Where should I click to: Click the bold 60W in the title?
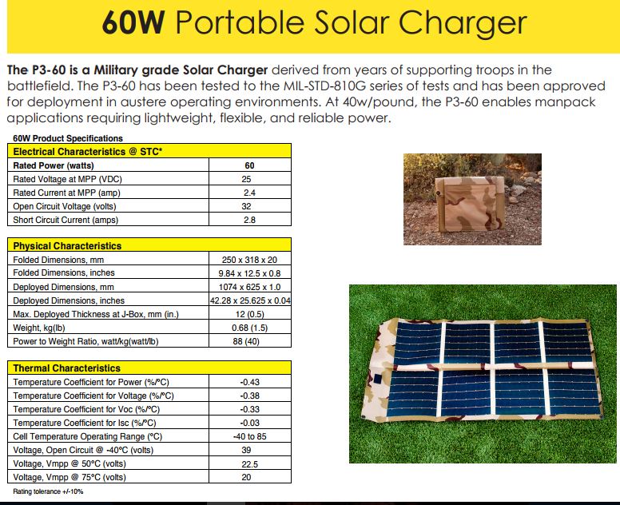click(133, 22)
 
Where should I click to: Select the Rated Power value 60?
click(249, 165)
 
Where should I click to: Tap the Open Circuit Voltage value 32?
click(246, 206)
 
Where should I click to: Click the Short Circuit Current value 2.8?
click(249, 220)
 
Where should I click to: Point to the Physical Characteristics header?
click(67, 246)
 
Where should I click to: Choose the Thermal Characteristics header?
click(66, 368)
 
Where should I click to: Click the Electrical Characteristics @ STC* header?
click(88, 152)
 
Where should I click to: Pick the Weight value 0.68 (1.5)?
click(249, 328)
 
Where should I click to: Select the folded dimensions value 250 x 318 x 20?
click(249, 260)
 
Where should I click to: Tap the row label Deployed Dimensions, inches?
click(69, 301)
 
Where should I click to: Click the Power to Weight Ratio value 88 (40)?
click(246, 341)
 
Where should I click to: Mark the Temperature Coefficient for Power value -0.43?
click(249, 382)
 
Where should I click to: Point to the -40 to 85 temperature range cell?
click(249, 436)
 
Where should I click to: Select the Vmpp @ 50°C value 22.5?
click(249, 464)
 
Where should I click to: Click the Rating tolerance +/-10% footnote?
click(48, 491)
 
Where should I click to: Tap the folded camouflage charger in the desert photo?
click(469, 203)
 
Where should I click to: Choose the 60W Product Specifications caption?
click(68, 138)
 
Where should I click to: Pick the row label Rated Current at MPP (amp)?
click(66, 193)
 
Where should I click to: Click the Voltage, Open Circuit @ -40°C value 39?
click(246, 450)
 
